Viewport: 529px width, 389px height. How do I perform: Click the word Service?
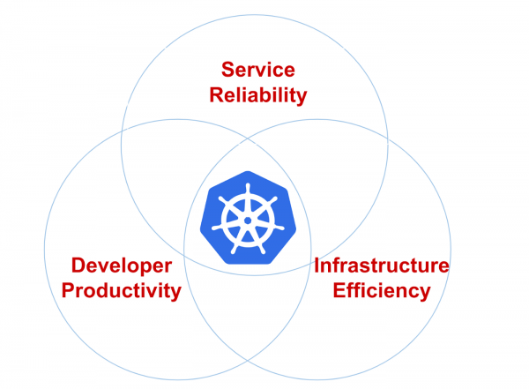click(258, 70)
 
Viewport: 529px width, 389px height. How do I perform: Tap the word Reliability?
click(258, 95)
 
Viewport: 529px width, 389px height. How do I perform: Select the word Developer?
click(122, 266)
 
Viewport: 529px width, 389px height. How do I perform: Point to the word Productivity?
click(122, 291)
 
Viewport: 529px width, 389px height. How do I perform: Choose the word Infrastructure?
click(382, 266)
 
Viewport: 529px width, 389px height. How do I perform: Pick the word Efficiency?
click(382, 291)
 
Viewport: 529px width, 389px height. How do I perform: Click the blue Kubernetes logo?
click(248, 218)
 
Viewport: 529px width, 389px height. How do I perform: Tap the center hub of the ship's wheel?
click(248, 221)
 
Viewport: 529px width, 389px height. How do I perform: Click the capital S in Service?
click(228, 70)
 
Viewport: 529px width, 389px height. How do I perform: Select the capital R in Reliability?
click(217, 94)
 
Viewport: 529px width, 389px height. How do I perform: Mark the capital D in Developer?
click(79, 266)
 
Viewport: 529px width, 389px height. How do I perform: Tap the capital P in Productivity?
click(69, 290)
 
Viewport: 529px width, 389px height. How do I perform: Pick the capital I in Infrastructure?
click(317, 266)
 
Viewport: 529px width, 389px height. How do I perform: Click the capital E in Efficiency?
click(339, 290)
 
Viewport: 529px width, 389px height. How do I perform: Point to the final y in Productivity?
click(176, 294)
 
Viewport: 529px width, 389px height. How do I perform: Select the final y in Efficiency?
click(425, 294)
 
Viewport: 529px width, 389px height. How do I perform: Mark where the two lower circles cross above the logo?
click(247, 138)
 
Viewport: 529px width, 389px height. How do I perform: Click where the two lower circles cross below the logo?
click(247, 361)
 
